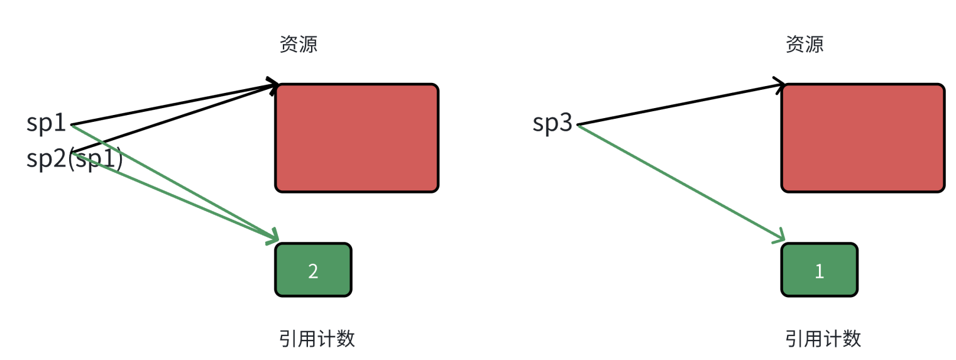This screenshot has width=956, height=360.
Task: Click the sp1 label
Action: pos(46,123)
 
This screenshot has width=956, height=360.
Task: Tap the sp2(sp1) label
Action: pos(74,159)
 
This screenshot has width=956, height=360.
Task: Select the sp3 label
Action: pos(552,123)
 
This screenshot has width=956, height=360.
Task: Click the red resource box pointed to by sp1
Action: pos(356,138)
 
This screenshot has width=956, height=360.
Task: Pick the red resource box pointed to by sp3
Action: pos(862,138)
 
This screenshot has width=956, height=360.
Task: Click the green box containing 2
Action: pos(313,270)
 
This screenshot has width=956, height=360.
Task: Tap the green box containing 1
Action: pos(819,270)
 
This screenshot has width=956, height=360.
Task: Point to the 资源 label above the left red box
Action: pos(298,44)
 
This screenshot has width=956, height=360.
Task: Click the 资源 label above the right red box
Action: pos(804,44)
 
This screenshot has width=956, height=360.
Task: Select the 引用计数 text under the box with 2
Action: pos(317,339)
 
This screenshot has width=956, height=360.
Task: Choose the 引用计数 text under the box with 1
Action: pos(823,339)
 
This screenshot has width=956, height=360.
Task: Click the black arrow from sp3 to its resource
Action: pos(679,104)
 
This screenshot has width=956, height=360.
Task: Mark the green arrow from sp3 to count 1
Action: pos(679,182)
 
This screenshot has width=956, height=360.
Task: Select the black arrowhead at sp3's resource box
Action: pos(780,84)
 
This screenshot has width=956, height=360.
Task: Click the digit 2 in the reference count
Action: pos(313,271)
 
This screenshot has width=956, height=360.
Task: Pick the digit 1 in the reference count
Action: pos(819,271)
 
